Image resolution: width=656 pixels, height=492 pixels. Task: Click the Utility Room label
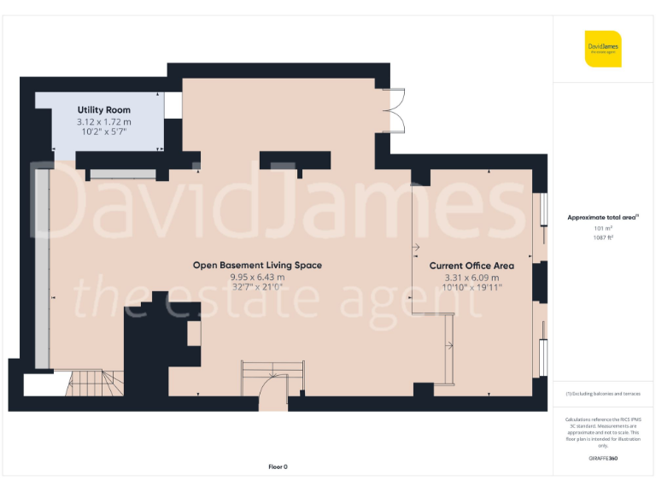[x=103, y=110]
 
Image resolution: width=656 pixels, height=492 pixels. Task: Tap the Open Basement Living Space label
[x=257, y=265]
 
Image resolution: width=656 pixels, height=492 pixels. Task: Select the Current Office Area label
[x=471, y=266]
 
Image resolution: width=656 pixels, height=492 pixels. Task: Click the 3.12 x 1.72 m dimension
[x=103, y=122]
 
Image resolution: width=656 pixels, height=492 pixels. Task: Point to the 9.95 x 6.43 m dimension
[x=257, y=277]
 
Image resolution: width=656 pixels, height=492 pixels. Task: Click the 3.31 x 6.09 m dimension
[x=471, y=277]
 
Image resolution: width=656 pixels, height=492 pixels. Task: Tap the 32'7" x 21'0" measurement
[x=257, y=287]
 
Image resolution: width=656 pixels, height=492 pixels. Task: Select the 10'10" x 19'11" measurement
[x=471, y=287]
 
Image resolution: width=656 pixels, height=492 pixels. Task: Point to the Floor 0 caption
[x=278, y=466]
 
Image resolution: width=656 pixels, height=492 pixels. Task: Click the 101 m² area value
[x=603, y=228]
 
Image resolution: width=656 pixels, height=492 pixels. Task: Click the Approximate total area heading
[x=603, y=218]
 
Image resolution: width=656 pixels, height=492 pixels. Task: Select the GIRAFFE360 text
[x=603, y=459]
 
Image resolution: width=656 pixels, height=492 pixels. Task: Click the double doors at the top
[x=395, y=110]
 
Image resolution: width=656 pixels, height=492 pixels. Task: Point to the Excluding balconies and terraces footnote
[x=603, y=394]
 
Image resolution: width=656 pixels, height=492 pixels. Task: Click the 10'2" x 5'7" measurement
[x=103, y=132]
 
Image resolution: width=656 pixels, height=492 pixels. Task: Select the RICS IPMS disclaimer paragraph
[x=603, y=432]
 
